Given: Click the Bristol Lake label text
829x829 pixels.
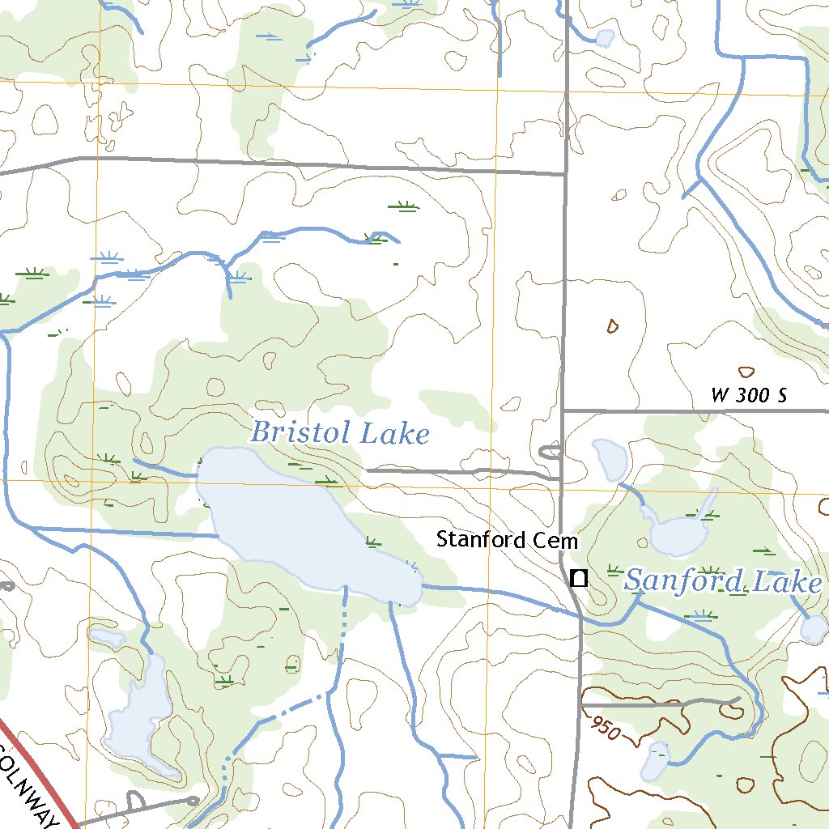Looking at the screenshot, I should pyautogui.click(x=339, y=433).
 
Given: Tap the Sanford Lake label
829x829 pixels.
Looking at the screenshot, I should pyautogui.click(x=723, y=581).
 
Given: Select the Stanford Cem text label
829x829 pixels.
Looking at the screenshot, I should pyautogui.click(x=507, y=539).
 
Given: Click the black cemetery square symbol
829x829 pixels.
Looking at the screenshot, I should pyautogui.click(x=578, y=578).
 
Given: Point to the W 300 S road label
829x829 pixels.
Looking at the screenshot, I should pyautogui.click(x=749, y=396).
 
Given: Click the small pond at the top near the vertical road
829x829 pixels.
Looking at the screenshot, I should pyautogui.click(x=605, y=37).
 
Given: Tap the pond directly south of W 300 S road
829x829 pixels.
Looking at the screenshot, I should pyautogui.click(x=611, y=460).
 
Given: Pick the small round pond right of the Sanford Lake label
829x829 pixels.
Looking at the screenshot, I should pyautogui.click(x=814, y=628).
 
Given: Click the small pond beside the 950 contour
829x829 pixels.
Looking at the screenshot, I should pyautogui.click(x=655, y=763).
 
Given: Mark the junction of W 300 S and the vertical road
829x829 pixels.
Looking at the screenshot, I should pyautogui.click(x=563, y=410).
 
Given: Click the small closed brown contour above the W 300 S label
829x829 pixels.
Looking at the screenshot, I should pyautogui.click(x=746, y=372).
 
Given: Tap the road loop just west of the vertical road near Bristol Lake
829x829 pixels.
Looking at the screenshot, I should pyautogui.click(x=551, y=450).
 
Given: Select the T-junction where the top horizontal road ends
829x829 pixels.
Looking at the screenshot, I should pyautogui.click(x=565, y=173).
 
